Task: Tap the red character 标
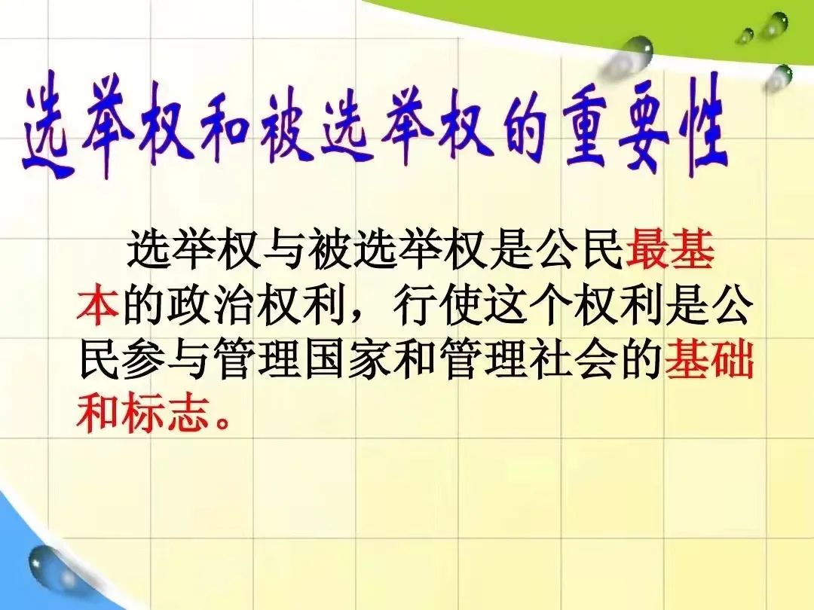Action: (x=142, y=415)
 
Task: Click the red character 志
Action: (x=187, y=415)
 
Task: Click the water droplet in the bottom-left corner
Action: (x=47, y=563)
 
